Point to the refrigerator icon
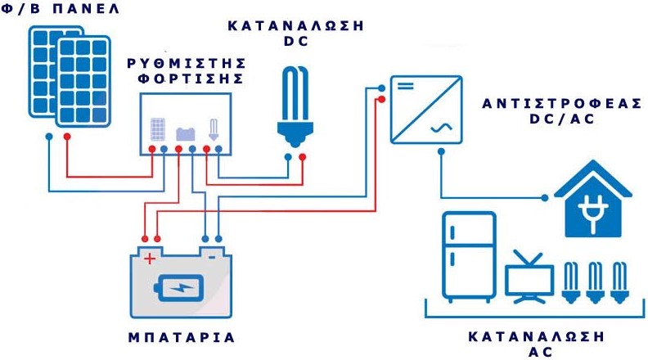[468, 255]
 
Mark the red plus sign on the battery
[150, 259]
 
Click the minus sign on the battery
[212, 257]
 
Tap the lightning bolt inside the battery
[181, 287]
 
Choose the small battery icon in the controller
[185, 132]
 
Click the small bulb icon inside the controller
[214, 128]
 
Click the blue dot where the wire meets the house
[549, 198]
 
